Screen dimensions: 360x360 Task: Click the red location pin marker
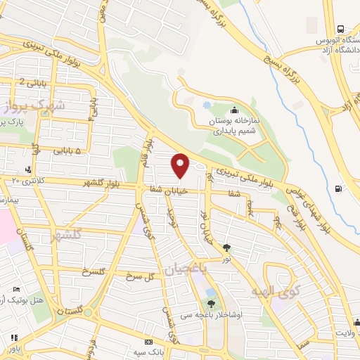[181, 165]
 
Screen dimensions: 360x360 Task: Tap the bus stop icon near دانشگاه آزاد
[340, 30]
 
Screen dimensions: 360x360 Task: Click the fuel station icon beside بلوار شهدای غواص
[340, 188]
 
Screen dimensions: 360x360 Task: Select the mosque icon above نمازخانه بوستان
[234, 110]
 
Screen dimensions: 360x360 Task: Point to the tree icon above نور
[226, 247]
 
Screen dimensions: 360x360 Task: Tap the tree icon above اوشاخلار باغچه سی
[211, 304]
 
